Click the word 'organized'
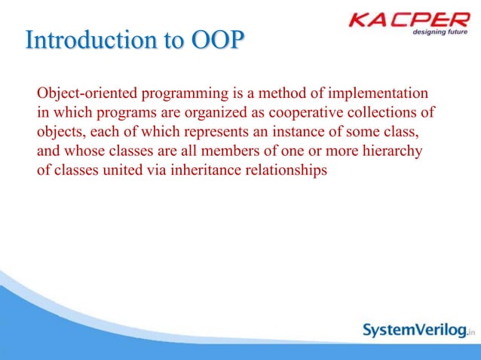pyautogui.click(x=198, y=113)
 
